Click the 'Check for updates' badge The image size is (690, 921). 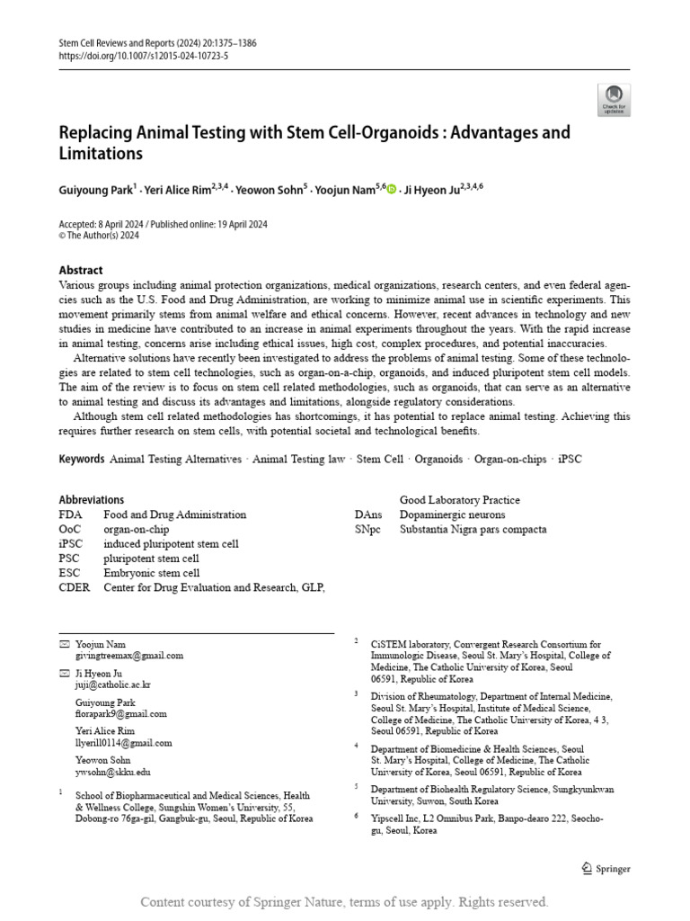coord(614,100)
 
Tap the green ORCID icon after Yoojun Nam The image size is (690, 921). coord(392,189)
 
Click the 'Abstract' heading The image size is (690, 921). coord(81,270)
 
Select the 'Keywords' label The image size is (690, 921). coord(82,459)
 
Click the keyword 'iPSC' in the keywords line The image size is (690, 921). coord(570,459)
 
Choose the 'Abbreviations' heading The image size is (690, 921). coord(92,500)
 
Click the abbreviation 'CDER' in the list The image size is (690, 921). coord(75,587)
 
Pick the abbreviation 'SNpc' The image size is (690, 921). coord(367,529)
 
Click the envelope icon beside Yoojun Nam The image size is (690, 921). coord(64,645)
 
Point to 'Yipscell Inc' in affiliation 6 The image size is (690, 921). coord(399,818)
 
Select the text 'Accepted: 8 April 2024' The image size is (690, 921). coord(101,224)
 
